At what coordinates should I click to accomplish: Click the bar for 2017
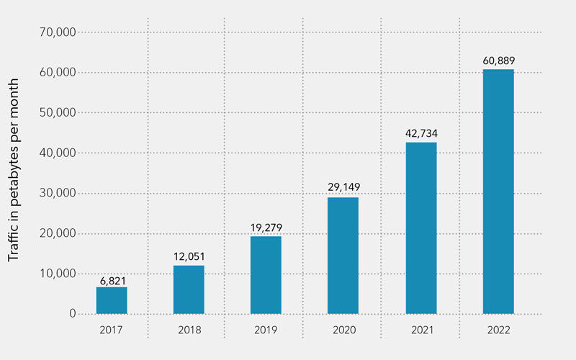click(x=112, y=300)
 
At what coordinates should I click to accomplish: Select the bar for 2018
click(x=189, y=289)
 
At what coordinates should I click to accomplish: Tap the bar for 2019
click(x=266, y=275)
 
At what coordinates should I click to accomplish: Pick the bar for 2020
click(x=343, y=256)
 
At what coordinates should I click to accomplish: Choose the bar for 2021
click(x=421, y=228)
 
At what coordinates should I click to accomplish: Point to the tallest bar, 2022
click(x=498, y=192)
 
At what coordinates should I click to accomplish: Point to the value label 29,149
click(x=343, y=188)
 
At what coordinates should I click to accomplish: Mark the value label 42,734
click(x=421, y=134)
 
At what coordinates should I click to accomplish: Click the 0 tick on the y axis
click(x=73, y=314)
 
